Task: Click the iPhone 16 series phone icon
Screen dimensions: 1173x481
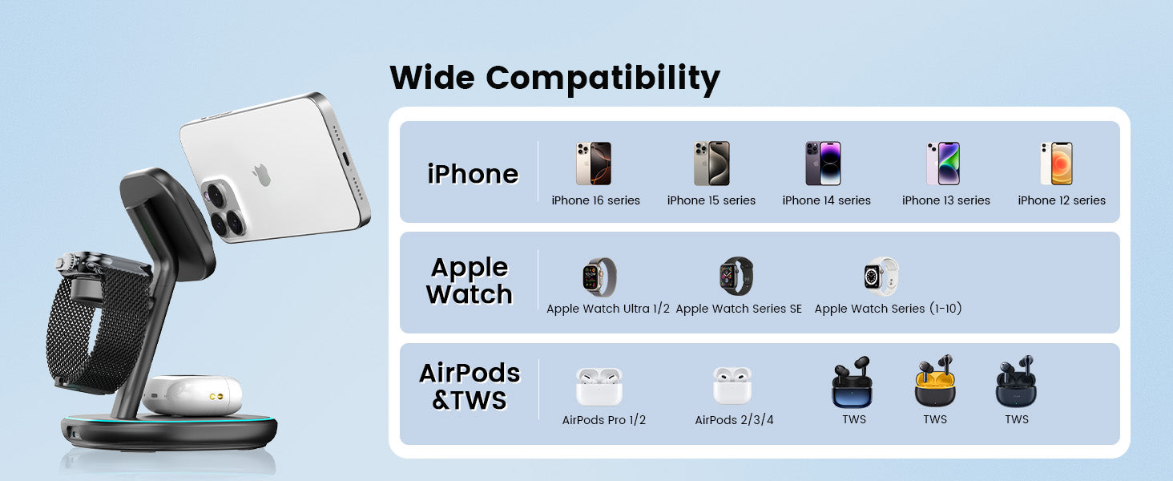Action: coord(593,164)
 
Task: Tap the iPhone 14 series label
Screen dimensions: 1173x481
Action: coord(826,200)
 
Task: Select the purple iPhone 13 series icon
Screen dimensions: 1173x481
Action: coord(942,164)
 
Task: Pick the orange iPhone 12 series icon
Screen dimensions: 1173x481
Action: coord(1056,164)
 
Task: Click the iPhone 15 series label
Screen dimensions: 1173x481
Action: coord(711,200)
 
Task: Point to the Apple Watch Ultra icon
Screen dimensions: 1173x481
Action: coord(599,277)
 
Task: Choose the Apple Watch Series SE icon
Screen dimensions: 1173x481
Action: coord(736,276)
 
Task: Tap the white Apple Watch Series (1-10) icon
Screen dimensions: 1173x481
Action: coord(881,276)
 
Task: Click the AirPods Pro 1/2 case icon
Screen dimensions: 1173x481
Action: coord(599,386)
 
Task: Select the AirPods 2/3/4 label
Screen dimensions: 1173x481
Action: coord(734,420)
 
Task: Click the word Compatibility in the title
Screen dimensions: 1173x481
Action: coord(603,79)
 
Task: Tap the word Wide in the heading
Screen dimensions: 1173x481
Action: coord(433,78)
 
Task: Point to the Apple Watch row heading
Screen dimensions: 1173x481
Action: coord(470,281)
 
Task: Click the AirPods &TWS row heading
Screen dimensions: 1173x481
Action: coord(470,386)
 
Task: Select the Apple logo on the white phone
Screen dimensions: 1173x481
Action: coord(261,175)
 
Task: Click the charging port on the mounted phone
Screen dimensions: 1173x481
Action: coord(346,158)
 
